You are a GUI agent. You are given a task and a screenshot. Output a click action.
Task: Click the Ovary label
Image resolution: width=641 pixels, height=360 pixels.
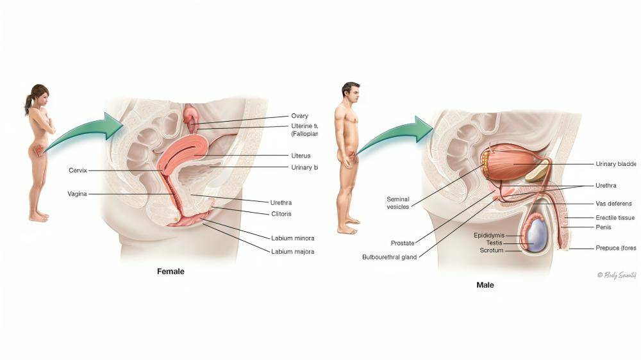tap(299, 116)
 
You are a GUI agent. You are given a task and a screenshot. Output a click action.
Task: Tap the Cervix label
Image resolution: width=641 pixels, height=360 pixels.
tap(78, 170)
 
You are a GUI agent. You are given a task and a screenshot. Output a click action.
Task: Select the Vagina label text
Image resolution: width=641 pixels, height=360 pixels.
tap(77, 193)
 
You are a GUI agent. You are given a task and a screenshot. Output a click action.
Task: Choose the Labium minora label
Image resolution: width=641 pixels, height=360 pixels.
tap(292, 238)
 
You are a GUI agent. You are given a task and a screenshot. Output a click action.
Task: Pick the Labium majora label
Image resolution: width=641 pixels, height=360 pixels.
tap(292, 252)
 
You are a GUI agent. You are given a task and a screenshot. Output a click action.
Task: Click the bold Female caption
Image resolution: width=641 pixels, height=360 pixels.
tap(171, 272)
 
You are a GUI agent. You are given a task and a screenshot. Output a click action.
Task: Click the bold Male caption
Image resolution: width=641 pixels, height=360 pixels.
tap(485, 284)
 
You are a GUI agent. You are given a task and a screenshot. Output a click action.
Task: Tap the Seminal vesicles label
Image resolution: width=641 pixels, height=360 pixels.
tap(397, 202)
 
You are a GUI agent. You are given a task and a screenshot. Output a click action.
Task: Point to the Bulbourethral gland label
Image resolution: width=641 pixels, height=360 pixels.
tap(390, 258)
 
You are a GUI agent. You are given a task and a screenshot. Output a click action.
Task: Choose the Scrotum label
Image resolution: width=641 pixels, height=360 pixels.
tap(492, 250)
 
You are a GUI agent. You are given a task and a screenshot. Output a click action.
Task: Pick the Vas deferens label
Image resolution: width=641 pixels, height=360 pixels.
tap(613, 204)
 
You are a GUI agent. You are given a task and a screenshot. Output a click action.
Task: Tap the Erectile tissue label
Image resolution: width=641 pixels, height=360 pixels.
tap(615, 218)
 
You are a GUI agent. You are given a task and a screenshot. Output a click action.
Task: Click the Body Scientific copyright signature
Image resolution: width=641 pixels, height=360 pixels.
tap(616, 275)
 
